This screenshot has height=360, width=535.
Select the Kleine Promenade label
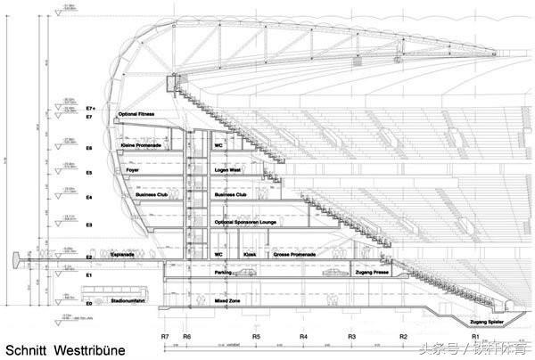(x=140, y=145)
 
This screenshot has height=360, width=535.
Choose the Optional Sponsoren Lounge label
(x=247, y=221)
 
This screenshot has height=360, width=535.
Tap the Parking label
(x=223, y=273)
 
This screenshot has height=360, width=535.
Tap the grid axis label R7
(x=166, y=338)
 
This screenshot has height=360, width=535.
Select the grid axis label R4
(x=304, y=338)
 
